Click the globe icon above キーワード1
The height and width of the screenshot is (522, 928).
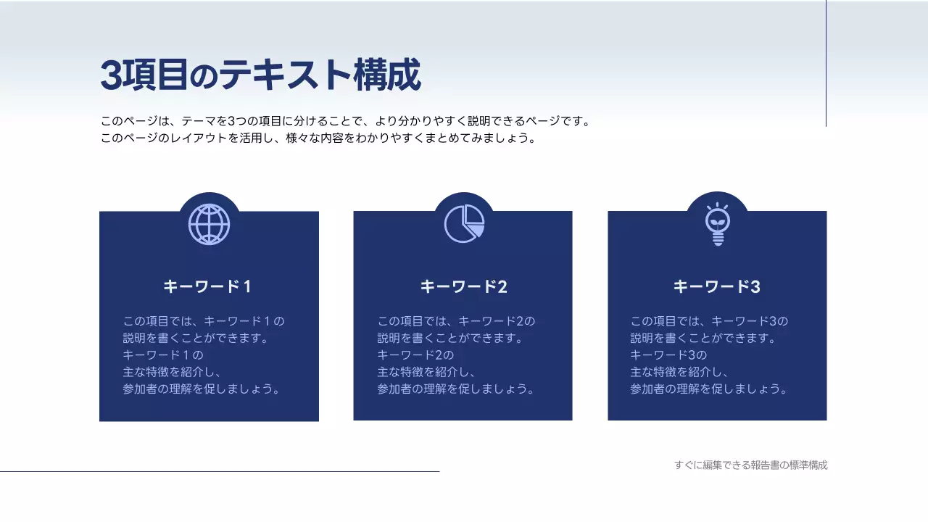point(209,224)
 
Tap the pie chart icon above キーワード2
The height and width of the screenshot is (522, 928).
point(464,224)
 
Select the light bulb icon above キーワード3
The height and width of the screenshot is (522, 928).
point(717,224)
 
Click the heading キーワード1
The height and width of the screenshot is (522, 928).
point(208,286)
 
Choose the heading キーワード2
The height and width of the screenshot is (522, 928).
point(463,286)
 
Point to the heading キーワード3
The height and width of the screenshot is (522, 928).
point(716,286)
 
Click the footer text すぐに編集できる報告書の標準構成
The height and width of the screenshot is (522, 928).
point(750,465)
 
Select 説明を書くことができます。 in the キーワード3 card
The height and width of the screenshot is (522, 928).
point(703,338)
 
